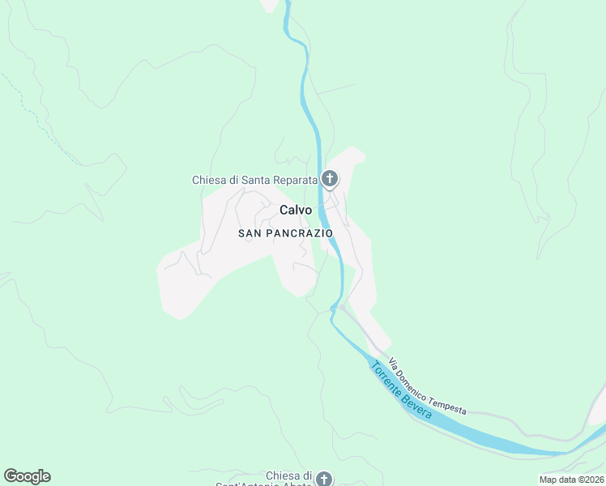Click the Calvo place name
[x=296, y=210]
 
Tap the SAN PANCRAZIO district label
[x=285, y=233]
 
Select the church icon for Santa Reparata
[x=330, y=179]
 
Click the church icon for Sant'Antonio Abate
[x=323, y=479]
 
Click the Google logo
[x=27, y=476]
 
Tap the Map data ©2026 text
[x=571, y=480]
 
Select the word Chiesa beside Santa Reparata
[x=208, y=180]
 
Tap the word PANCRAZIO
[x=297, y=233]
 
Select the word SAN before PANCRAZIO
[x=249, y=233]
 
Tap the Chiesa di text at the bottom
[x=289, y=475]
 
